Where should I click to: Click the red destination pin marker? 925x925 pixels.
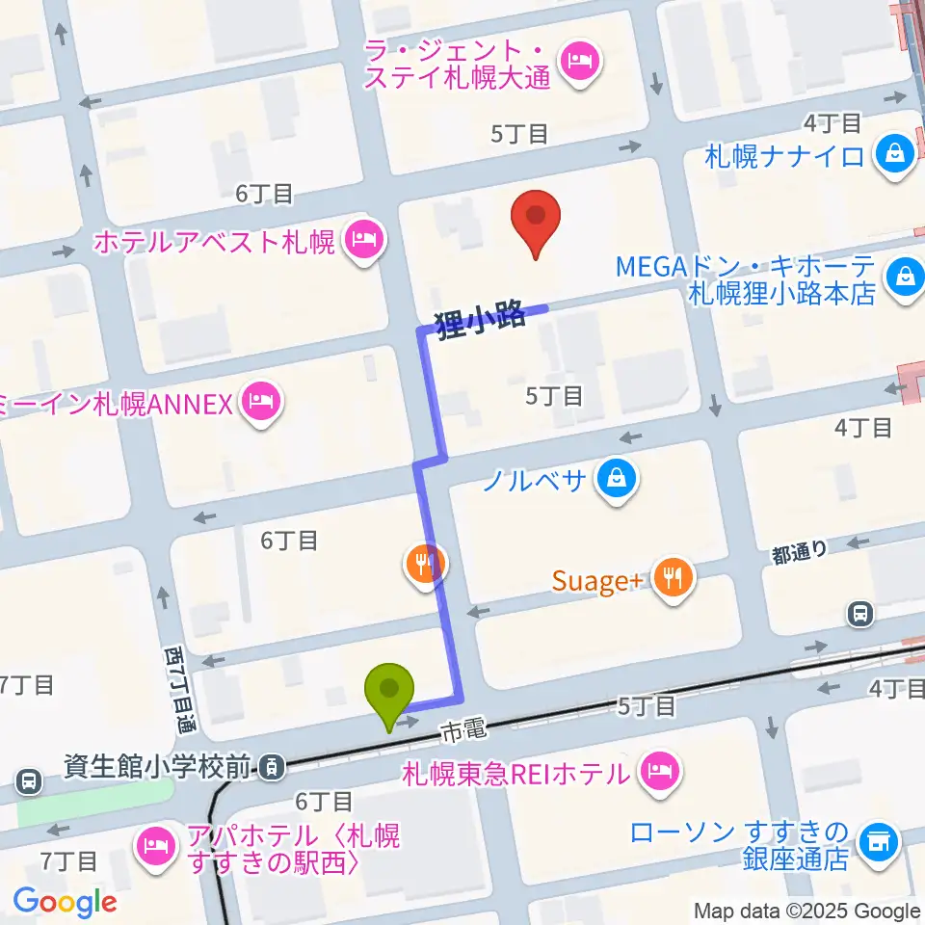[535, 221]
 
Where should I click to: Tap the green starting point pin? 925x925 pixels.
[389, 692]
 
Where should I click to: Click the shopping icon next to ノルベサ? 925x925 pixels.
[614, 476]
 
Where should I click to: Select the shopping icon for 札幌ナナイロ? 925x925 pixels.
[895, 153]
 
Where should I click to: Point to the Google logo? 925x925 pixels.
[65, 902]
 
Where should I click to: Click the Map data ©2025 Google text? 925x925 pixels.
[807, 911]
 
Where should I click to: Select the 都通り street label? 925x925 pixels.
[799, 551]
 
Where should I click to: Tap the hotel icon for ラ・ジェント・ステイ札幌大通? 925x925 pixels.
[581, 64]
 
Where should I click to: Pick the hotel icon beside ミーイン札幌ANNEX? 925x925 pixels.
[260, 401]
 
